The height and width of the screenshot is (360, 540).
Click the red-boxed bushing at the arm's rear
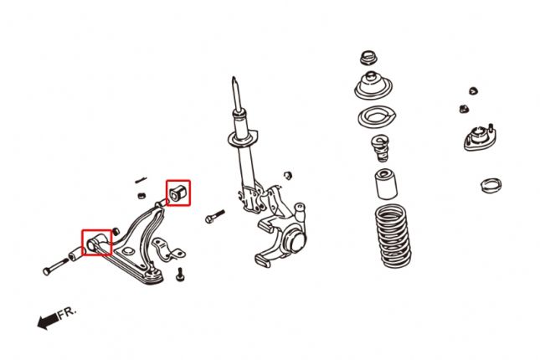coord(177,193)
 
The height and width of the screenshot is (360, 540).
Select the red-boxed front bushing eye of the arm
coord(95,243)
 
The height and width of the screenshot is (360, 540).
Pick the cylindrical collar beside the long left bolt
coord(75,253)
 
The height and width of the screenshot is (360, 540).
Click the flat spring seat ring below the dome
coord(373,117)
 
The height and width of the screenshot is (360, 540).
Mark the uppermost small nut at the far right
coord(473,90)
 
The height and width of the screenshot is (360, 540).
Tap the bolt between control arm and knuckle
coord(214,217)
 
